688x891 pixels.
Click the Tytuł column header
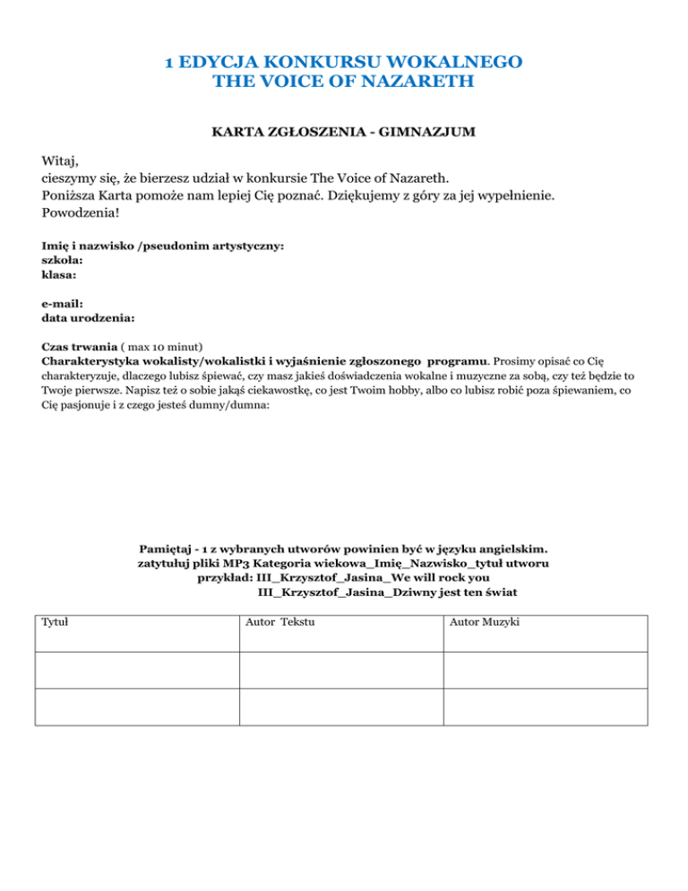(x=55, y=621)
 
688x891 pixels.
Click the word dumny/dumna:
(x=228, y=404)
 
